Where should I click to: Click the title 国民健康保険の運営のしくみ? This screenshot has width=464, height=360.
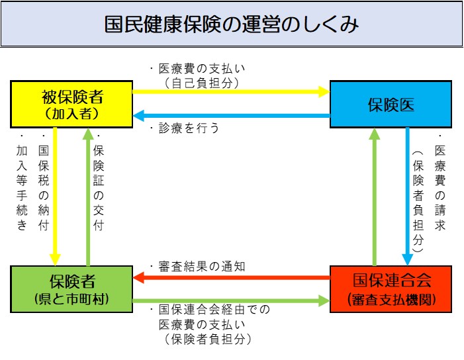click(232, 24)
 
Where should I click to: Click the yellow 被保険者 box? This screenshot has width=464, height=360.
click(71, 104)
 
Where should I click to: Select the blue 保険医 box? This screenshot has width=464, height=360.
click(391, 104)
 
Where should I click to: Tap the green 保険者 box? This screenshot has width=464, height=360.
click(71, 288)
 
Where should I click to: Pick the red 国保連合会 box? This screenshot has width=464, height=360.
click(391, 288)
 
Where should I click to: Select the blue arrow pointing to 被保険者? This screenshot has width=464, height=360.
click(231, 116)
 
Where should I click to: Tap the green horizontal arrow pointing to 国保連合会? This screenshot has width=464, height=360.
click(231, 301)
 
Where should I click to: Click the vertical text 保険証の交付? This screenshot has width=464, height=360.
click(99, 187)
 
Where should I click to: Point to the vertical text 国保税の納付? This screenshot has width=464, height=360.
click(44, 187)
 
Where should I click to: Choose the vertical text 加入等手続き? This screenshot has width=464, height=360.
click(22, 187)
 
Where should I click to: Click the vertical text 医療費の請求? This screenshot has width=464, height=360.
click(440, 187)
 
